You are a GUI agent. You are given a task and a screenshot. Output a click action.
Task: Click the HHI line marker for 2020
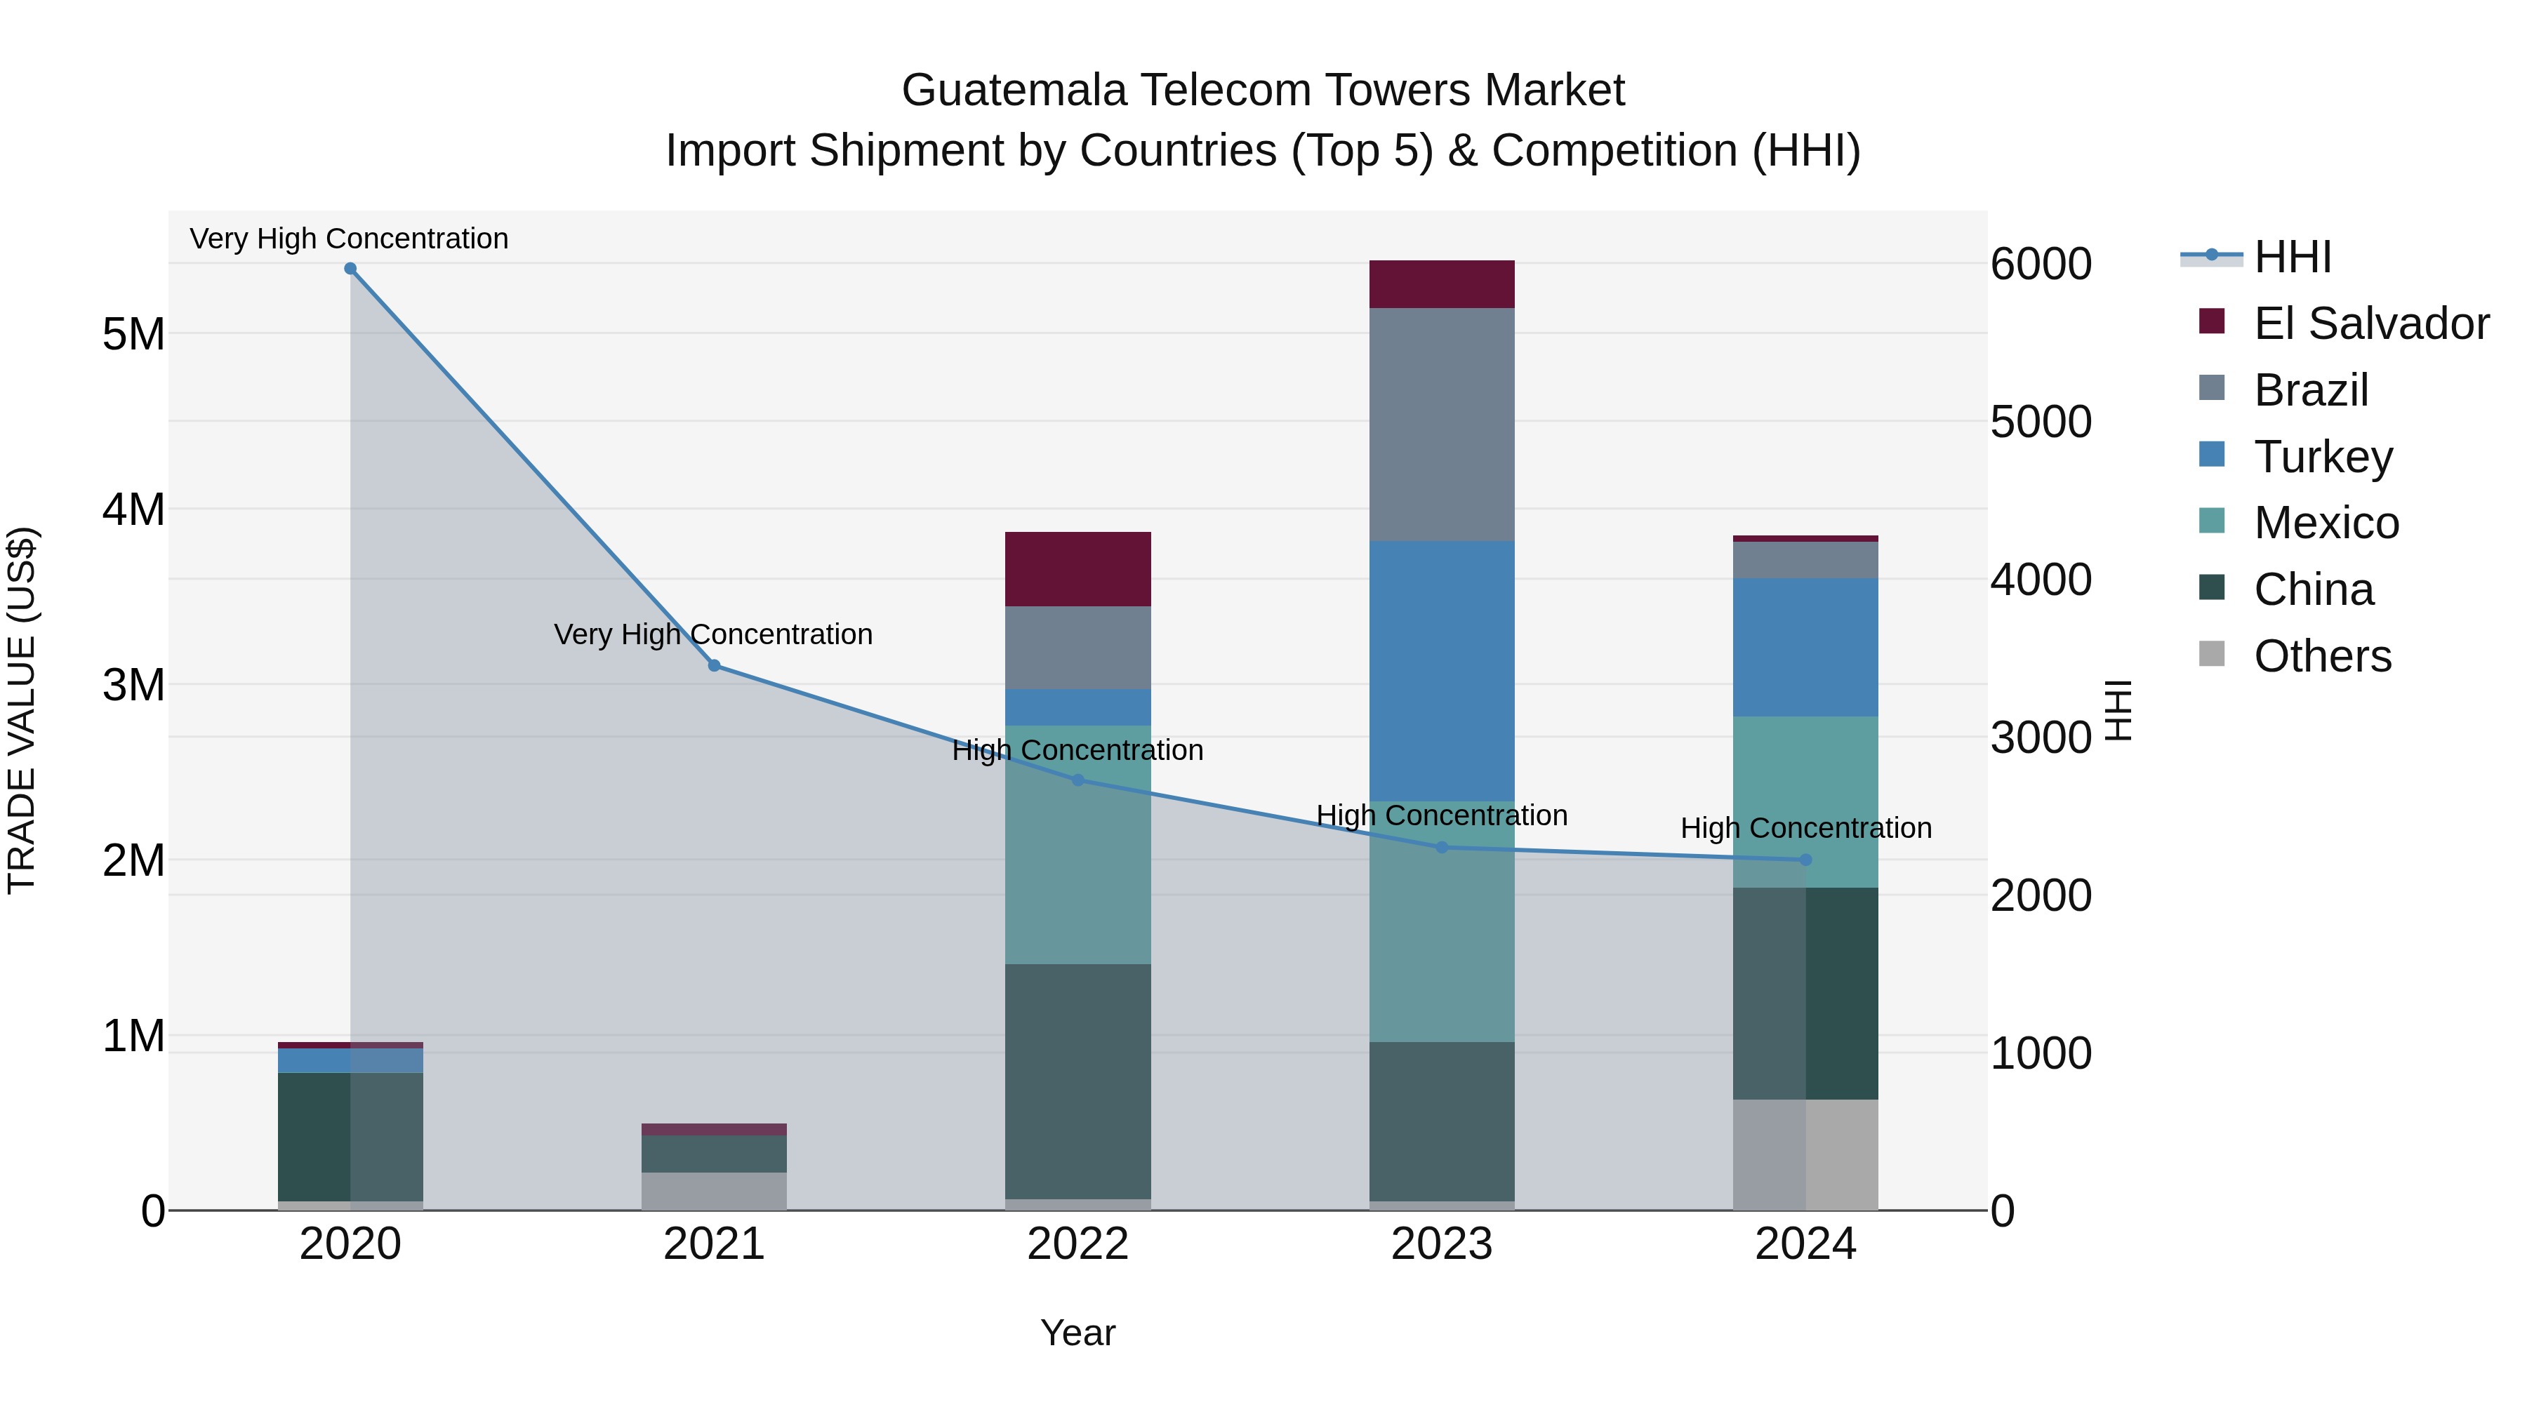(350, 269)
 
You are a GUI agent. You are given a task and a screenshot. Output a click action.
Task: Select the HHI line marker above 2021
(714, 666)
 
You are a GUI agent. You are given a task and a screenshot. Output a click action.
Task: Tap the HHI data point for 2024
(1805, 860)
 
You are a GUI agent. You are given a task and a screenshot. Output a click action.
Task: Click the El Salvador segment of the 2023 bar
(1441, 284)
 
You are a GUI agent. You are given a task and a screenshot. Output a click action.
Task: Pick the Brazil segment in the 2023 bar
(1441, 425)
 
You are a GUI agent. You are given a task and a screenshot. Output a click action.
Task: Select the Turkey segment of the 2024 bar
(1805, 647)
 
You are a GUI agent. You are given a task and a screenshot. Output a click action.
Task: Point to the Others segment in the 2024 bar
(1805, 1154)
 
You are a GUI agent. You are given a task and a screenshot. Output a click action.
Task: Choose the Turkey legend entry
(2322, 457)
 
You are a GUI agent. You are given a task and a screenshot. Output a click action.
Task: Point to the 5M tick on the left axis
(133, 335)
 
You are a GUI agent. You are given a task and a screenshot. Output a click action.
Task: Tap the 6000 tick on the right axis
(2041, 264)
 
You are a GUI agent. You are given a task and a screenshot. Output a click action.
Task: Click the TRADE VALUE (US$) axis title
(22, 710)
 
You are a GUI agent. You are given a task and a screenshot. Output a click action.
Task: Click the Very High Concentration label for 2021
(713, 634)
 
